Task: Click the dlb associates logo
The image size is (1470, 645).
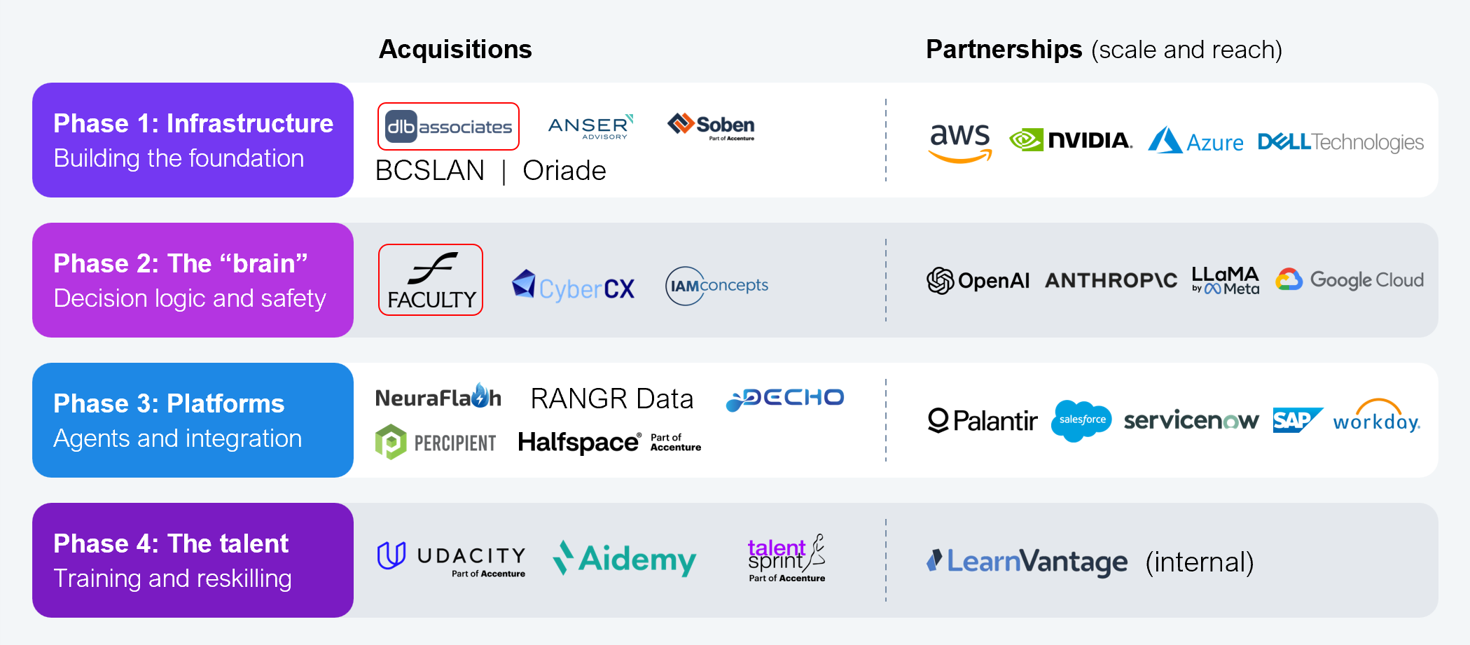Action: point(448,127)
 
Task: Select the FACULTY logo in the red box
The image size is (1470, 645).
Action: point(431,280)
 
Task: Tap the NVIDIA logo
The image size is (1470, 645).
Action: point(1071,140)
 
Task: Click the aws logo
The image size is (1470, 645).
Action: point(960,141)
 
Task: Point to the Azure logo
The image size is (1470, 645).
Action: point(1195,141)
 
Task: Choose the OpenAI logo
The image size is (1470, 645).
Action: point(978,281)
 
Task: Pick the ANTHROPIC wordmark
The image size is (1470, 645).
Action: point(1111,281)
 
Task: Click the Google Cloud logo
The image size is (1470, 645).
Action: point(1350,279)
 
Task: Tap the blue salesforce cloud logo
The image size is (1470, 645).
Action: point(1081,420)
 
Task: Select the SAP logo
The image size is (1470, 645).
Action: point(1296,420)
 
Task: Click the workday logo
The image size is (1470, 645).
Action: point(1376,418)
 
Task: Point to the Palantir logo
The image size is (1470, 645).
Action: point(982,420)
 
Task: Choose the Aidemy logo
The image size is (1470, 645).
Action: point(625,559)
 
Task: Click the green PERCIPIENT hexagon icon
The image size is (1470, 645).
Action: point(391,442)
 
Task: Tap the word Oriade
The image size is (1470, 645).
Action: point(564,171)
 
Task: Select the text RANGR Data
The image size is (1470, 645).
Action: point(611,398)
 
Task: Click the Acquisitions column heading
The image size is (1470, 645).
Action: point(455,50)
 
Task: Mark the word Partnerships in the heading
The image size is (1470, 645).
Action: point(1004,50)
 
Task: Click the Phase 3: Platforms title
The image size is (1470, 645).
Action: point(169,403)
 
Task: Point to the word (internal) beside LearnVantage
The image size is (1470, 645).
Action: point(1199,562)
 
